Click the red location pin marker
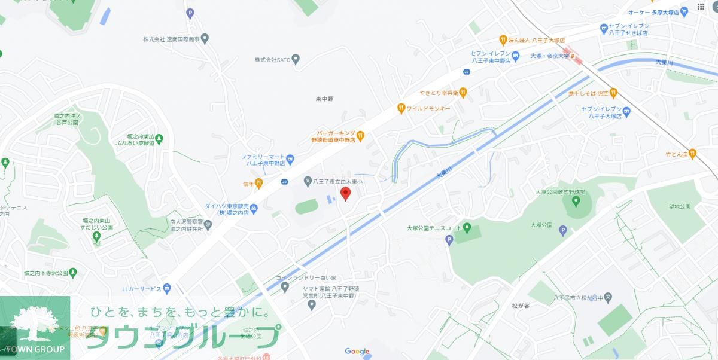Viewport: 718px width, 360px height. pos(345,193)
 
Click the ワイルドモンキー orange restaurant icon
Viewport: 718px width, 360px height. pos(401,108)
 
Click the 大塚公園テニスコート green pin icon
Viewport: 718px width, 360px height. pos(467,227)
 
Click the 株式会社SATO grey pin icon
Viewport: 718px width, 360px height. pos(295,59)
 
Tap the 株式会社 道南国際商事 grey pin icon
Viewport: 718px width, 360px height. pos(205,39)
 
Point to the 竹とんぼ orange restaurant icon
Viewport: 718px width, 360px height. pos(692,153)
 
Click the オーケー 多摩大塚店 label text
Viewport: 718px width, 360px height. pos(656,12)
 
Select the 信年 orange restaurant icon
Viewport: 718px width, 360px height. pos(258,183)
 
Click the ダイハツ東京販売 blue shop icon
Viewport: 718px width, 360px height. pos(254,209)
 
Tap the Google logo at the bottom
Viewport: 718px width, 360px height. pos(357,352)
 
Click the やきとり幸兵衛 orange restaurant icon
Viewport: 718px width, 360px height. pos(463,93)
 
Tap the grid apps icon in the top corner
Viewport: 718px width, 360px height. pos(701,7)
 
